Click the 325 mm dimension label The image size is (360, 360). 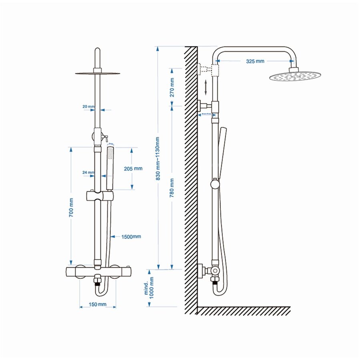(255, 61)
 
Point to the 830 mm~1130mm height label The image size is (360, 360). (158, 158)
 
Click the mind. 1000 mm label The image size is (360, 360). (149, 286)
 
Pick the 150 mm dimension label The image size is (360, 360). (98, 305)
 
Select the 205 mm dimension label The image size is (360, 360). (133, 168)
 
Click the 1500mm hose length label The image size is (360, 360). (131, 236)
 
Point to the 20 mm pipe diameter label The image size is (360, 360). (88, 107)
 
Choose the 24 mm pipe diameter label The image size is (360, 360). (88, 173)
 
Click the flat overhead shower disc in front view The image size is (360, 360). (97, 73)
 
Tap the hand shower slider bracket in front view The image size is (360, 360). (99, 196)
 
